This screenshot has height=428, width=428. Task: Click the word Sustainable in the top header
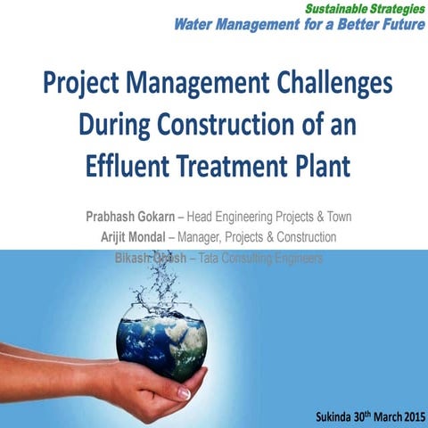(325, 7)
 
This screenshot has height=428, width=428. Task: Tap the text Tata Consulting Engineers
(260, 258)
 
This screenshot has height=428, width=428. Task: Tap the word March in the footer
(383, 417)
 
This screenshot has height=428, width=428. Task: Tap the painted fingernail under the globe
(184, 393)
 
